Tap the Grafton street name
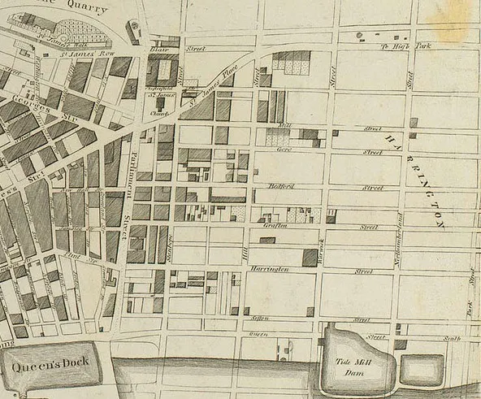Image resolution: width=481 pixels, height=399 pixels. point(276,227)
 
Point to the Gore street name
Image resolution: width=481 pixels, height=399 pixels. point(284,150)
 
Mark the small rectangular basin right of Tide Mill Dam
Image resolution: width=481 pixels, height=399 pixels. point(422,369)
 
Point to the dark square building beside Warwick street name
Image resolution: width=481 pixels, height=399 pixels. point(310,258)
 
